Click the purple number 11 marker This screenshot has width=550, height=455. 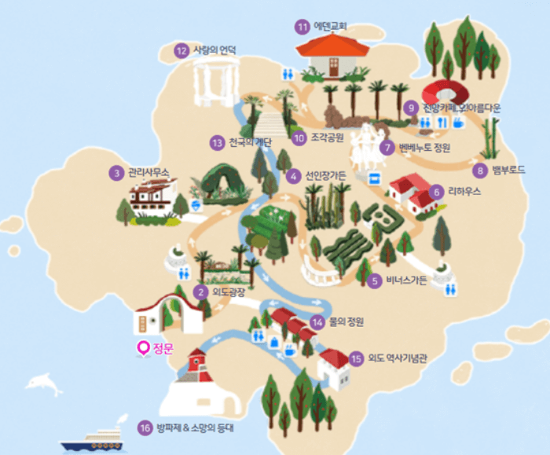pyautogui.click(x=302, y=27)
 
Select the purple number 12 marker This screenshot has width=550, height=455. pyautogui.click(x=182, y=51)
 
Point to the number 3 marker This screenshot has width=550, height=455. pyautogui.click(x=115, y=172)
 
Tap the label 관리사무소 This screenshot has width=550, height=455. pyautogui.click(x=148, y=172)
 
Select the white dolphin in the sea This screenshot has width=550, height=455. pyautogui.click(x=43, y=383)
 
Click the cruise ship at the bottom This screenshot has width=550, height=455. pyautogui.click(x=93, y=437)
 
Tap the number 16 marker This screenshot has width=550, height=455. pyautogui.click(x=144, y=427)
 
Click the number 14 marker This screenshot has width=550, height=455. pyautogui.click(x=317, y=321)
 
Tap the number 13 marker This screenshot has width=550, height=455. pyautogui.click(x=218, y=143)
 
